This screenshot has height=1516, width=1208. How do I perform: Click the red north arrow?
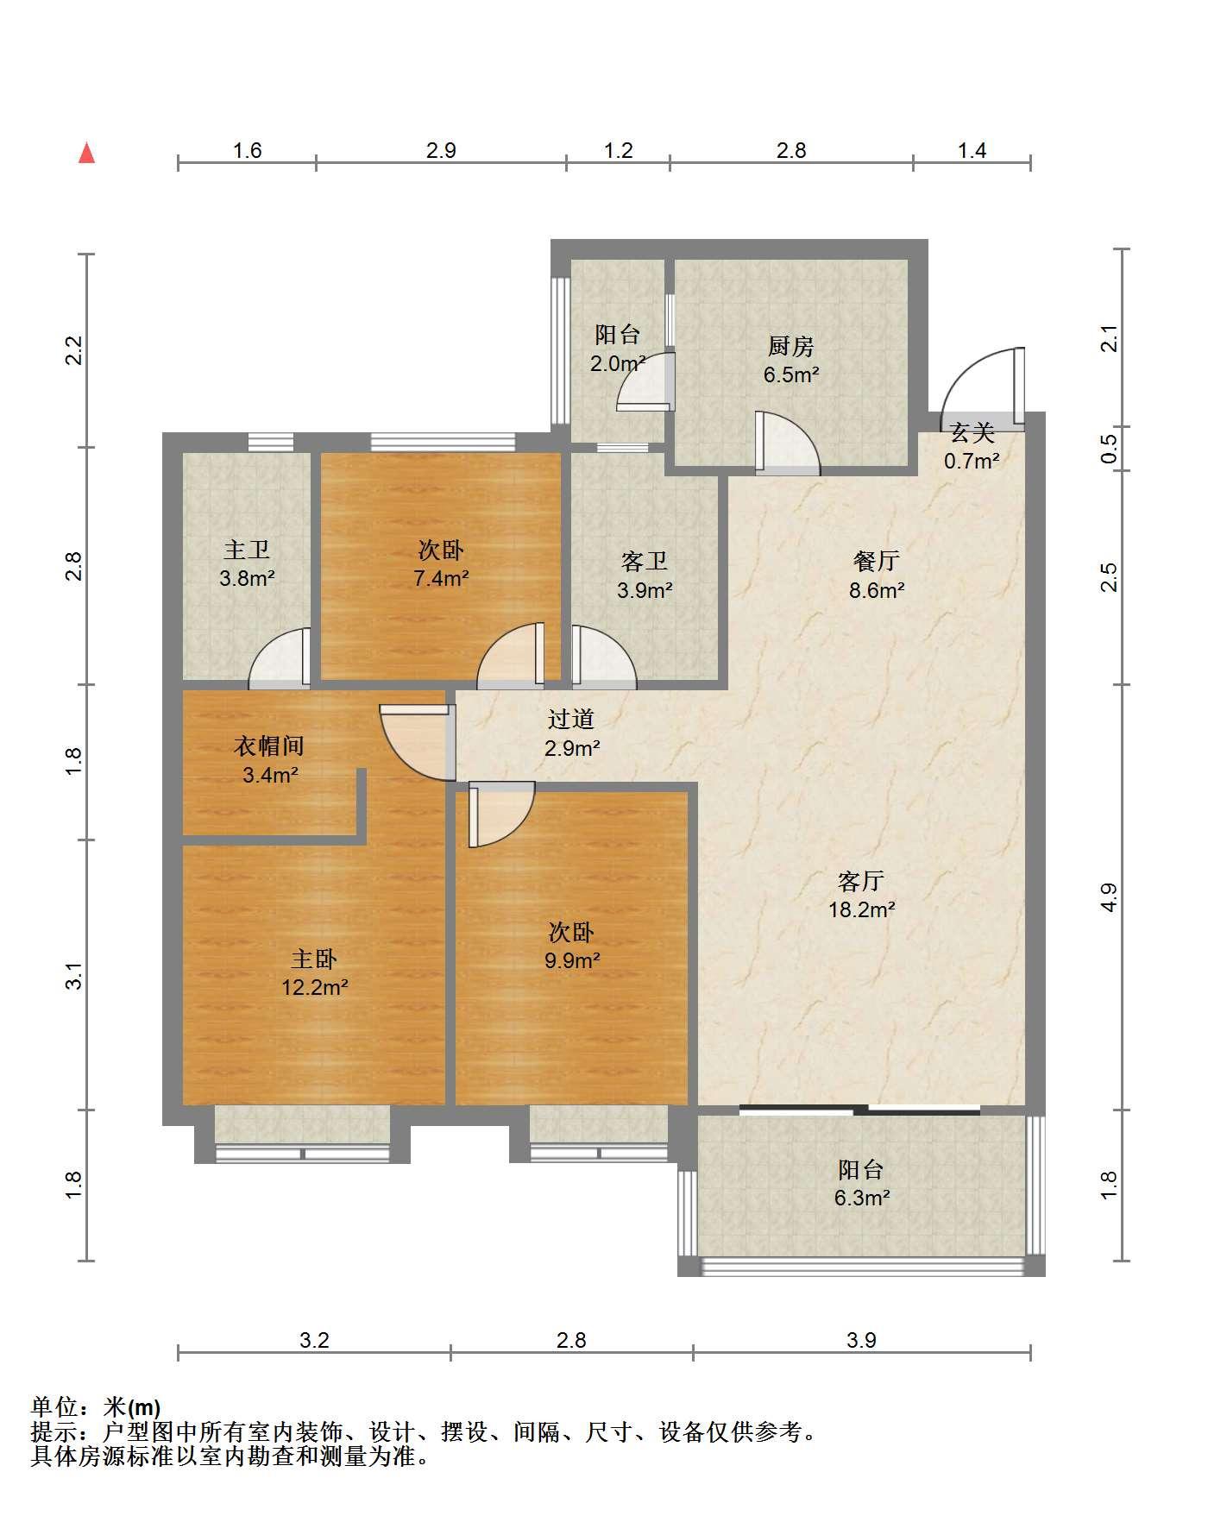(86, 154)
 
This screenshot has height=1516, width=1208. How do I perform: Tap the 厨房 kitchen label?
(790, 347)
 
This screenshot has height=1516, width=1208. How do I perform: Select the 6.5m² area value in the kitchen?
(790, 375)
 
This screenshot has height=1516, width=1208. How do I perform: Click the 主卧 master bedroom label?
(314, 959)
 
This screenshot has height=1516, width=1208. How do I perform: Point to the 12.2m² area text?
(314, 987)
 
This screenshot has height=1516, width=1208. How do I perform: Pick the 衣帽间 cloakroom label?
(269, 746)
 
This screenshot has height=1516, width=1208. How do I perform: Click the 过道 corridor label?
(571, 719)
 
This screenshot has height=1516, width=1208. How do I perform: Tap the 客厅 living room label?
(861, 881)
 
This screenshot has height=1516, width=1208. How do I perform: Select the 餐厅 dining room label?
(877, 562)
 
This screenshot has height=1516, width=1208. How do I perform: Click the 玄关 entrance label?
(972, 433)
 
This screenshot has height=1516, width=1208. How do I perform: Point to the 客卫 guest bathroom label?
(645, 562)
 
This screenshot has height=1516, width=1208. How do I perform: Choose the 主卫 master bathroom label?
(247, 550)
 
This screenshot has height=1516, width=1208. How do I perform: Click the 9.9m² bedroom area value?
(571, 960)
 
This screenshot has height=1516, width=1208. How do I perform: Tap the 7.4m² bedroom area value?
(440, 578)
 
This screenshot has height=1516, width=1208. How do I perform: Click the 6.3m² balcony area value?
(861, 1198)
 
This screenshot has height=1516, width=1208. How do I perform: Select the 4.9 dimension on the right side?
(1110, 897)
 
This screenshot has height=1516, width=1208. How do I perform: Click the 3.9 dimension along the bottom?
(861, 1340)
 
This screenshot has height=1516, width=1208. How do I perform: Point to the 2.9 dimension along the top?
(441, 150)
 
